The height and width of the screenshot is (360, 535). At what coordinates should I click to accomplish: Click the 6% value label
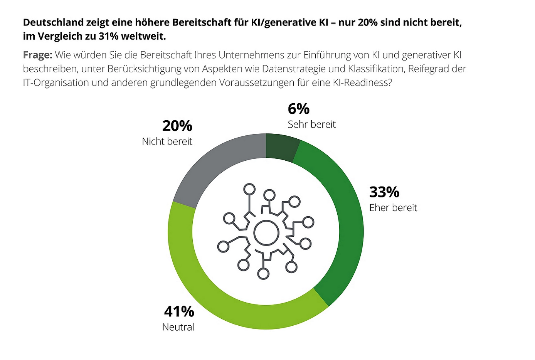298,109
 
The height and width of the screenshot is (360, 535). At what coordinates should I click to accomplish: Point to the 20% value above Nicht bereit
177,126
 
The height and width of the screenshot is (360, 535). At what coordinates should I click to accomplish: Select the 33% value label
384,192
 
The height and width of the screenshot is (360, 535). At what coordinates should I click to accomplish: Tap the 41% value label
179,311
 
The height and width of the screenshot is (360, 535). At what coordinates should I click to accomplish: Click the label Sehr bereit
311,124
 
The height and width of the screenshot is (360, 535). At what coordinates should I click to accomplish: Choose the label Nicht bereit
167,141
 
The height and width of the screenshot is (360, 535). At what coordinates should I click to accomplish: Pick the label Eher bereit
393,208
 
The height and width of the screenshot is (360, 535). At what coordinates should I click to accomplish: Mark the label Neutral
178,327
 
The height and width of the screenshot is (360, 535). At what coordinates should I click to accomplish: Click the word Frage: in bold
37,55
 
